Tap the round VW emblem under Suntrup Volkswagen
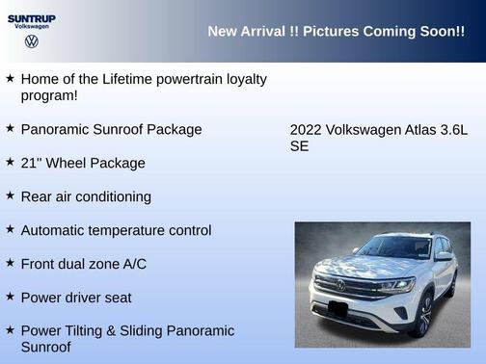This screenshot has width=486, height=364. click(31, 42)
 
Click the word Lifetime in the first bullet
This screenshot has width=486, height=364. click(135, 79)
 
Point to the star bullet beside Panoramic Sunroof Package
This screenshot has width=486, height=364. click(10, 127)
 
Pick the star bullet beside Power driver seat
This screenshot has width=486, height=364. click(10, 296)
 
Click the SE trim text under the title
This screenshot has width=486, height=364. click(299, 147)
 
